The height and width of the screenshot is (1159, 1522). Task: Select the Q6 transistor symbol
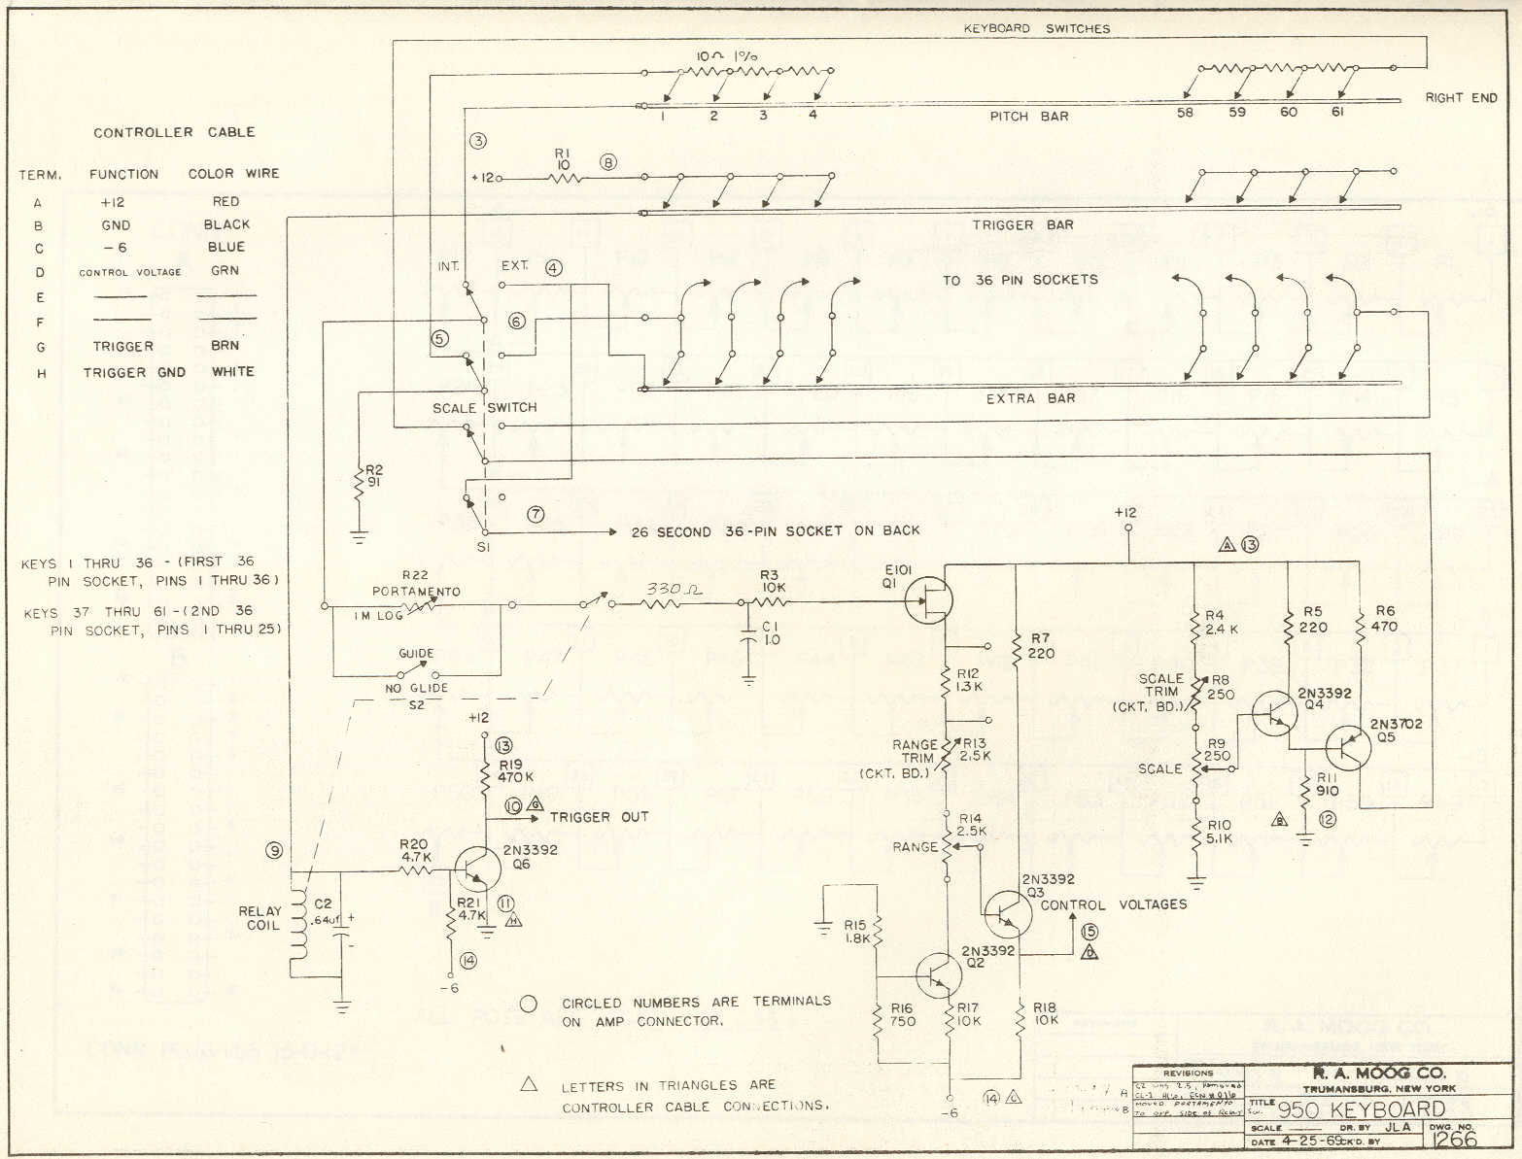pyautogui.click(x=474, y=870)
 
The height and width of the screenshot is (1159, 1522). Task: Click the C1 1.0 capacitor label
pyautogui.click(x=771, y=632)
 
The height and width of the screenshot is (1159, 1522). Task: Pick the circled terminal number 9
pyautogui.click(x=274, y=851)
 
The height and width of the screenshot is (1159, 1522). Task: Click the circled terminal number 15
pyautogui.click(x=1090, y=932)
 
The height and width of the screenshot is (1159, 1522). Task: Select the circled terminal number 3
pyautogui.click(x=477, y=140)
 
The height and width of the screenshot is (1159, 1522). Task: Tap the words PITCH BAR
pyautogui.click(x=1029, y=117)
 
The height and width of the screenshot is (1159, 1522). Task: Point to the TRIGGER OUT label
pyautogui.click(x=599, y=817)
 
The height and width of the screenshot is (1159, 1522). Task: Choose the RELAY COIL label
pyautogui.click(x=259, y=918)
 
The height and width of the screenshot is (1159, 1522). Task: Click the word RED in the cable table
pyautogui.click(x=225, y=201)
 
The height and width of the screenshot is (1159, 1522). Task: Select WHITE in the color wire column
pyautogui.click(x=233, y=371)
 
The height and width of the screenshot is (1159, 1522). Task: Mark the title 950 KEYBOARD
pyautogui.click(x=1361, y=1109)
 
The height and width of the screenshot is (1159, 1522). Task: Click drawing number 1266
pyautogui.click(x=1454, y=1139)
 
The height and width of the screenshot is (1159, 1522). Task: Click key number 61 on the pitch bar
pyautogui.click(x=1337, y=113)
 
